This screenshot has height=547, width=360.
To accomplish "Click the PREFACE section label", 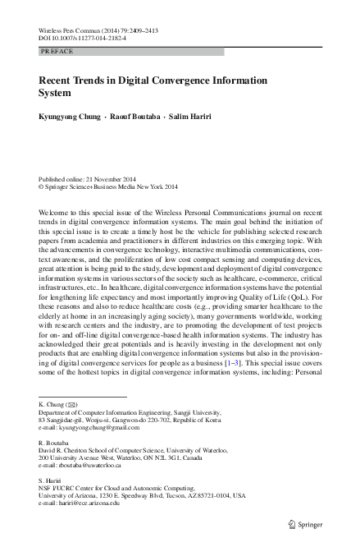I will pos(57,51).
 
